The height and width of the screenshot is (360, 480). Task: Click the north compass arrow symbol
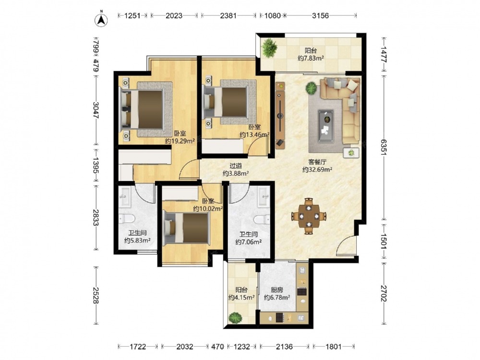click(x=102, y=19)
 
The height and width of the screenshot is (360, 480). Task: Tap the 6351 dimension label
click(x=384, y=147)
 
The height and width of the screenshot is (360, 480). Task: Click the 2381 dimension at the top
click(x=228, y=16)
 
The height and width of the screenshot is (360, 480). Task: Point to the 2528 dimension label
click(x=96, y=295)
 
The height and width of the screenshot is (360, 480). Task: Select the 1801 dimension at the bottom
click(x=334, y=347)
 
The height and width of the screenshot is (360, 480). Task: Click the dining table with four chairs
click(x=309, y=216)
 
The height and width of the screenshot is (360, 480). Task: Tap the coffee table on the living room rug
click(x=326, y=126)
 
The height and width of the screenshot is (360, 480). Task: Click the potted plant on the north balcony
click(x=269, y=48)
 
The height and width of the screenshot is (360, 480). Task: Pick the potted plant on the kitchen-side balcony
click(x=235, y=318)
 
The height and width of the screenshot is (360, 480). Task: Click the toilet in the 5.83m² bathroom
click(x=127, y=219)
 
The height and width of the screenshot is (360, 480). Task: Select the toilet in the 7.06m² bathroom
click(x=262, y=219)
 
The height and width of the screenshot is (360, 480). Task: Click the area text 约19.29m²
click(x=180, y=141)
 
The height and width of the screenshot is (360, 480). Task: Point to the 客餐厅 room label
click(x=317, y=162)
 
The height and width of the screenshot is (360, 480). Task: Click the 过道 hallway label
click(x=236, y=166)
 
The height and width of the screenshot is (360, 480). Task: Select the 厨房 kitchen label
click(x=277, y=289)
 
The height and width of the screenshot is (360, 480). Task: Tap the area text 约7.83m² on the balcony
click(x=311, y=58)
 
